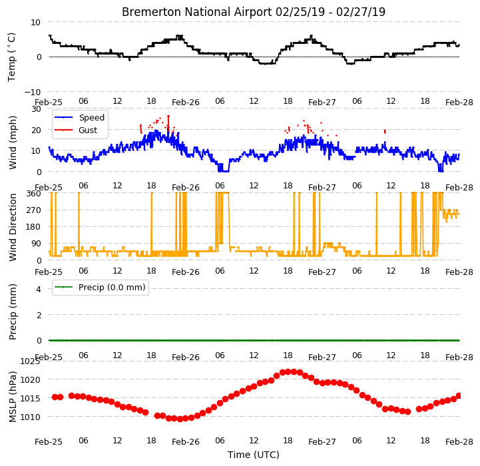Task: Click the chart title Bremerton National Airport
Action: coord(197,12)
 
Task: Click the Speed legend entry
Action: coord(91,118)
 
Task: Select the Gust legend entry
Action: coord(88,130)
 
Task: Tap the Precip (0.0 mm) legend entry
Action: coord(112,287)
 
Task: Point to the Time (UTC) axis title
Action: coord(254,455)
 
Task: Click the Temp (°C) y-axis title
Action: coord(11,57)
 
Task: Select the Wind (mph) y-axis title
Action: coord(12,142)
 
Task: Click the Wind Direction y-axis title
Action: coord(12,227)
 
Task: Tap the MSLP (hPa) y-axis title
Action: coord(12,397)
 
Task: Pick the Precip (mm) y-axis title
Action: coord(12,312)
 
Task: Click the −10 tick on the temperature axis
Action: coord(32,92)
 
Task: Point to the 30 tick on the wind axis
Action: coord(36,109)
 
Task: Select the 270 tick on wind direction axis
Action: coord(34,210)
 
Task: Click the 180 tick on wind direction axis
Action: coord(34,227)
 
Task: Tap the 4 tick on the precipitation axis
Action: coord(38,289)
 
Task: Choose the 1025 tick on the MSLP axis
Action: coord(30,361)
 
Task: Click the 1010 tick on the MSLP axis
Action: coord(30,417)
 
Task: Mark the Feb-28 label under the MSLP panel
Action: coord(459,442)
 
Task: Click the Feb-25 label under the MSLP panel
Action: coord(49,442)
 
